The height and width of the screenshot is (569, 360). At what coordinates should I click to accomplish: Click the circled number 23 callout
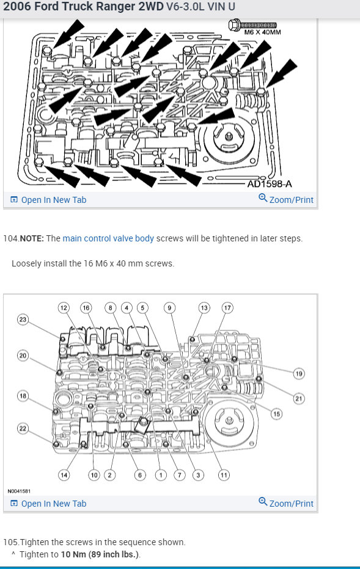23,319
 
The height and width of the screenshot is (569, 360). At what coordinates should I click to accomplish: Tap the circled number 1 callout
161,475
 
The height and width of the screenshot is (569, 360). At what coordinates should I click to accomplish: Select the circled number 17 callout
227,308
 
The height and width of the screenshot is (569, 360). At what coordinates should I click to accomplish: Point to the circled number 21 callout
299,398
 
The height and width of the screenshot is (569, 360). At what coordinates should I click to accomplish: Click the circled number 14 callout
64,475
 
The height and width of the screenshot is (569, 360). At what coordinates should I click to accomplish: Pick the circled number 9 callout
169,308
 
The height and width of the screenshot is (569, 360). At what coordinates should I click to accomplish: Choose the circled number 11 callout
224,475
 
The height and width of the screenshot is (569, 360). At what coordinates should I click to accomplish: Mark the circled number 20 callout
23,355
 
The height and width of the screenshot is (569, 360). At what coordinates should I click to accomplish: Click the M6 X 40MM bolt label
262,32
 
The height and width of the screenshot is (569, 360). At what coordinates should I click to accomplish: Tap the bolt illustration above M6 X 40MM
252,24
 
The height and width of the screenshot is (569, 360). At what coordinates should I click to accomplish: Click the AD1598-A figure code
270,183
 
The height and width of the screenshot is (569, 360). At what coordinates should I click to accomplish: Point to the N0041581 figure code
19,491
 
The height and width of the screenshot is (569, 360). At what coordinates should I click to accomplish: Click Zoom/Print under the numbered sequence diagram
286,503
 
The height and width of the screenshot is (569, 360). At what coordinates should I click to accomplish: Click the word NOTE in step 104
32,238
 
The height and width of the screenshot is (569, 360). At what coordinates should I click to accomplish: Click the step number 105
10,542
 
